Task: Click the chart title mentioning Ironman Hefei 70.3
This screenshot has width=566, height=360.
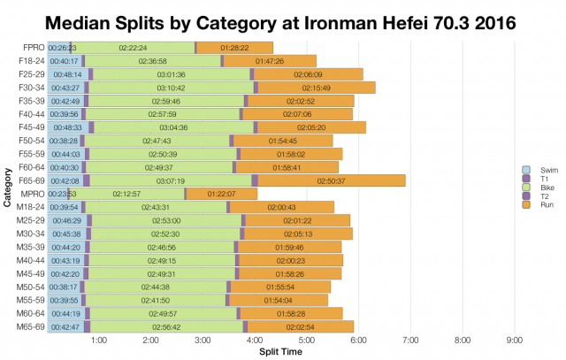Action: [283, 19]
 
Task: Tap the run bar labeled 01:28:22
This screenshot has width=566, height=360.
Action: [234, 47]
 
